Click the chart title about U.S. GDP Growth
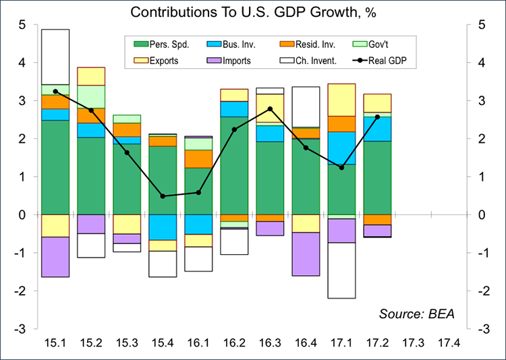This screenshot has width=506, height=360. [x=254, y=12]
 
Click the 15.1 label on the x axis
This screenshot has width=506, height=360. [x=55, y=342]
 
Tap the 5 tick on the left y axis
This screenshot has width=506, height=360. [x=22, y=25]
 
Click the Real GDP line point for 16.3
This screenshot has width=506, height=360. [x=270, y=109]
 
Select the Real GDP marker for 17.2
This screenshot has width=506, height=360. [x=377, y=117]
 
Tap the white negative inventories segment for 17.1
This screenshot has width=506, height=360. [x=341, y=270]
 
